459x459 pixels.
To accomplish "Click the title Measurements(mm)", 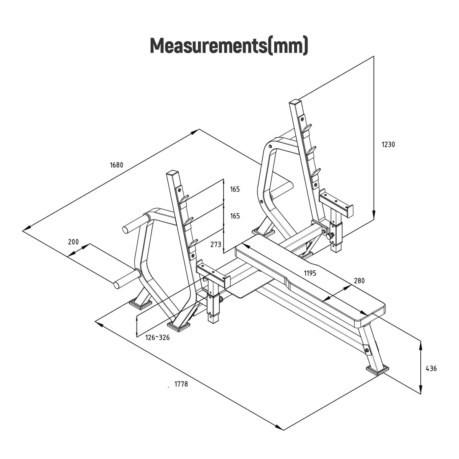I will tap(229, 46).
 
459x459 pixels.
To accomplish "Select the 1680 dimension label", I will tap(117, 165).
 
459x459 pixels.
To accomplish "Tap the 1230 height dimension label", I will tap(388, 145).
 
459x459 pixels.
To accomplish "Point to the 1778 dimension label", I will tap(181, 384).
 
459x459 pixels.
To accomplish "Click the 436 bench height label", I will tap(431, 369).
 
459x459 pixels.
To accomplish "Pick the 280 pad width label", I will tap(359, 281).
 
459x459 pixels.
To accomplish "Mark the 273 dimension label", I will tap(216, 244).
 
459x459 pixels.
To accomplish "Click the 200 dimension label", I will tap(73, 242).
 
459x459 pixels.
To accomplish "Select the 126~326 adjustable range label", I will tap(157, 337).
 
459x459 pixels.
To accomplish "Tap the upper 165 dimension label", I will tap(235, 189).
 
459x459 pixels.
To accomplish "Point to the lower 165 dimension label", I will tap(235, 216).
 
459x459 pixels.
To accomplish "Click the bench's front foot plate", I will tap(378, 370).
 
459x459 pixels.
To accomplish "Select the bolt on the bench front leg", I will tap(367, 350).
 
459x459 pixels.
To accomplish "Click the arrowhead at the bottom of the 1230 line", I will tap(373, 216).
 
